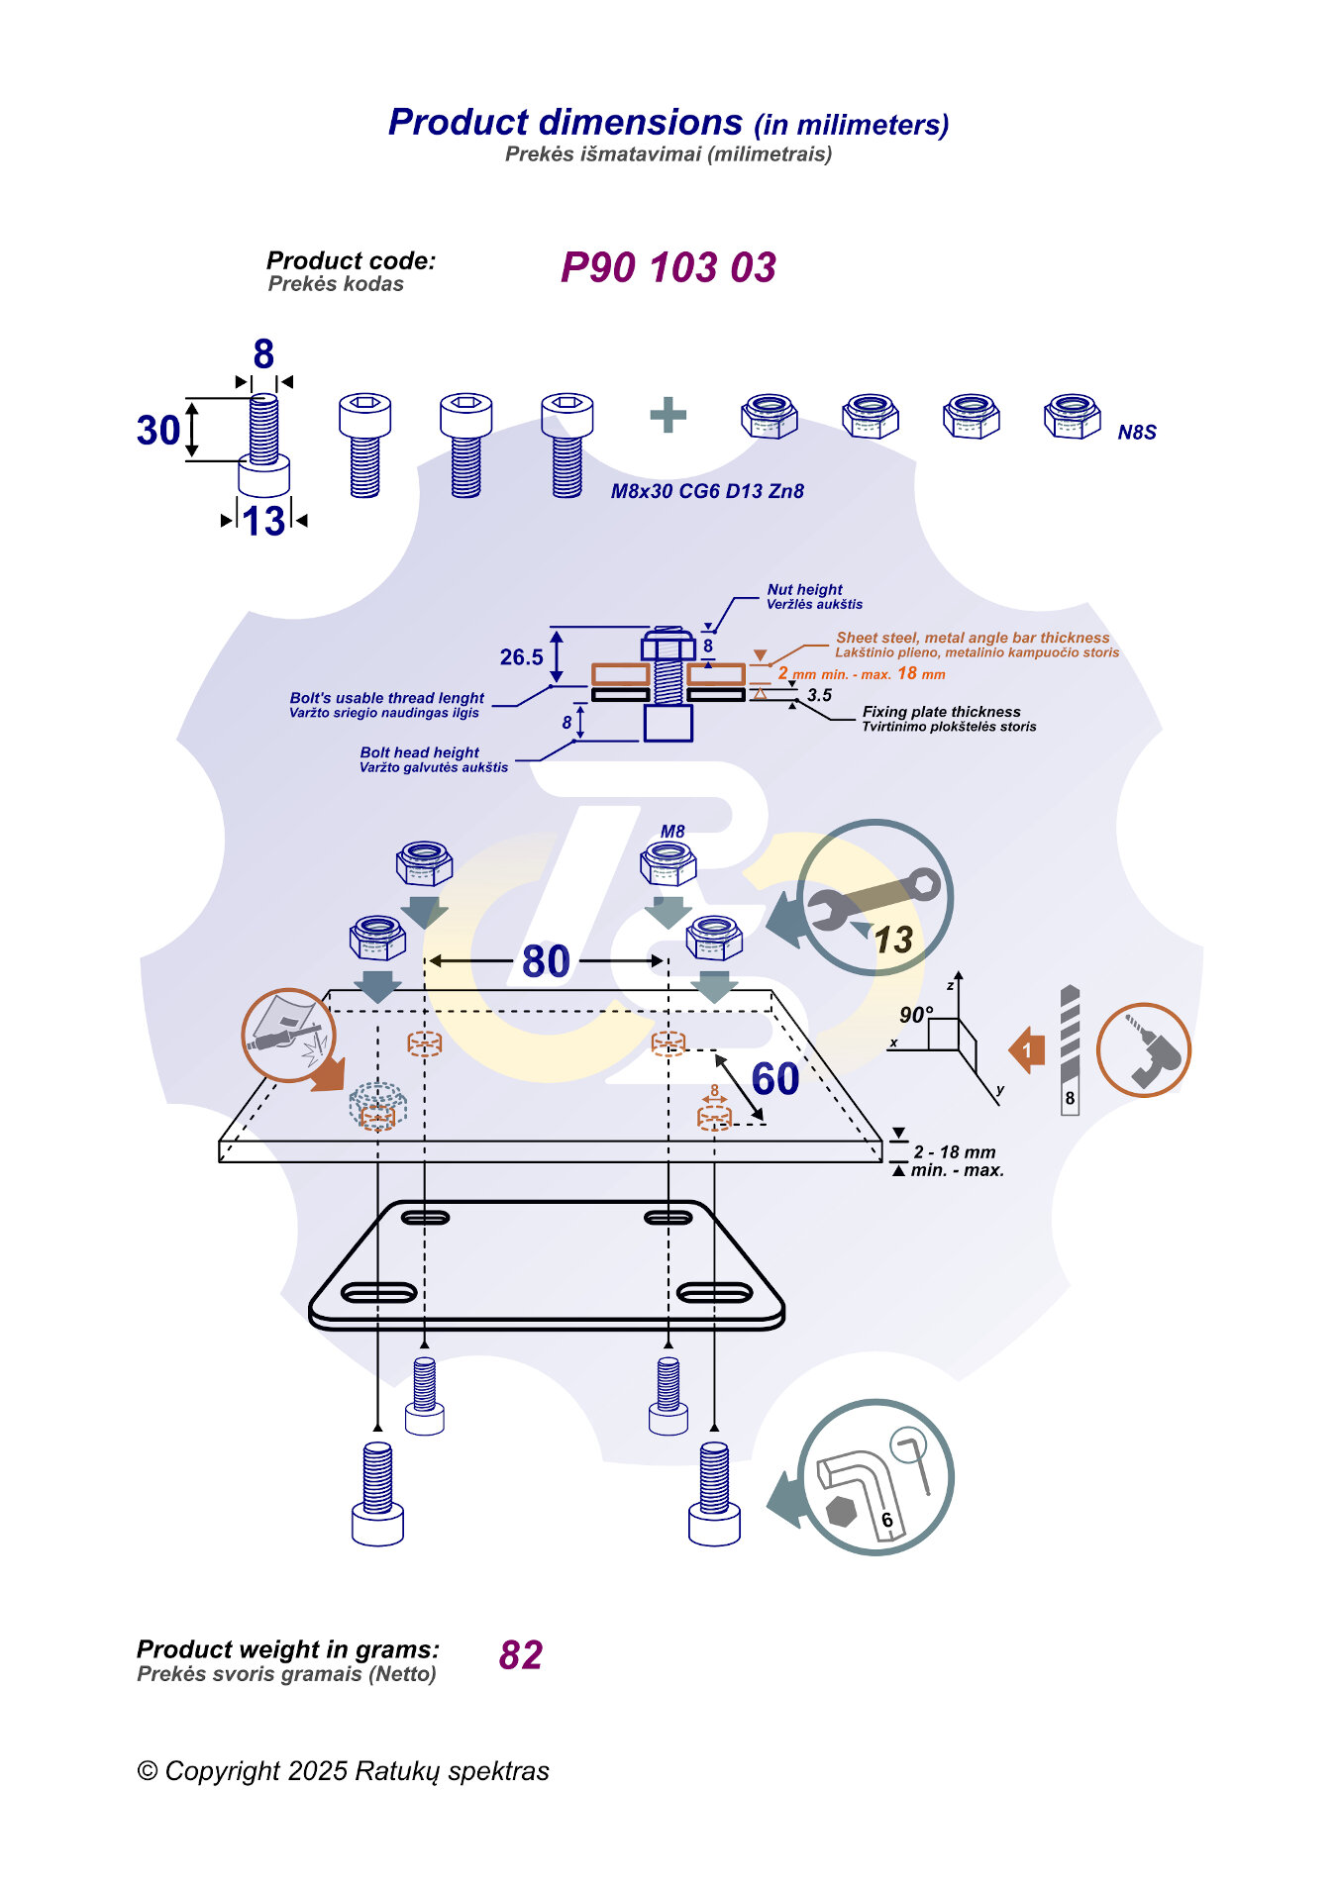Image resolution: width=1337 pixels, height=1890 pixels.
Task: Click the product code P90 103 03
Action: coord(668,267)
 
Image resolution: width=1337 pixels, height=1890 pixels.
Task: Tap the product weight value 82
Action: coord(521,1655)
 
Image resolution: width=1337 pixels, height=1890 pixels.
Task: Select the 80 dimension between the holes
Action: coord(546,961)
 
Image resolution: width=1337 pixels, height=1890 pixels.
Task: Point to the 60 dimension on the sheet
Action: coord(775,1079)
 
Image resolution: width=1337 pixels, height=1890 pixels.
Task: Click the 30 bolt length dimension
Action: coord(158,431)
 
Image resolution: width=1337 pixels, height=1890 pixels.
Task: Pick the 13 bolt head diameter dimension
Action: coord(264,521)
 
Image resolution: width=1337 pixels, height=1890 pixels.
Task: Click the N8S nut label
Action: coord(1137,433)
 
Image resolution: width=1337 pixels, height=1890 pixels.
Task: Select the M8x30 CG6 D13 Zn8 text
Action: coord(707,491)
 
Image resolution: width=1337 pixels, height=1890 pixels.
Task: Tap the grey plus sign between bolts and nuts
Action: coord(668,415)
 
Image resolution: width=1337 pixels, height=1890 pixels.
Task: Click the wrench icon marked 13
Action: coord(874,898)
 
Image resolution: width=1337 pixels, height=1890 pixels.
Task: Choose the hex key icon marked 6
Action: coord(874,1477)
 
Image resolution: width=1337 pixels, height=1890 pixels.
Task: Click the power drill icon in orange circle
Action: coord(1144,1050)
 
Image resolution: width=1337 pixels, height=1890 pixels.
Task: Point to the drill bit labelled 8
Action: coord(1070,1049)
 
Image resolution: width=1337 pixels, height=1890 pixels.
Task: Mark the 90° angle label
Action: coord(915,1015)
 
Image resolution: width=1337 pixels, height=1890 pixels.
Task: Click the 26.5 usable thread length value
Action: coord(522,657)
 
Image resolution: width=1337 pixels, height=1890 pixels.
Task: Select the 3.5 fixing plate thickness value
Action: coord(819,695)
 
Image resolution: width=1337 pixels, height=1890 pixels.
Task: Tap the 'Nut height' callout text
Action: coord(804,589)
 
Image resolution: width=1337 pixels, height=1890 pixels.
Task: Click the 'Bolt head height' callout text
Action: coord(420,752)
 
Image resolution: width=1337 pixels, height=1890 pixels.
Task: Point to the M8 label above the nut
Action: coord(672,832)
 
